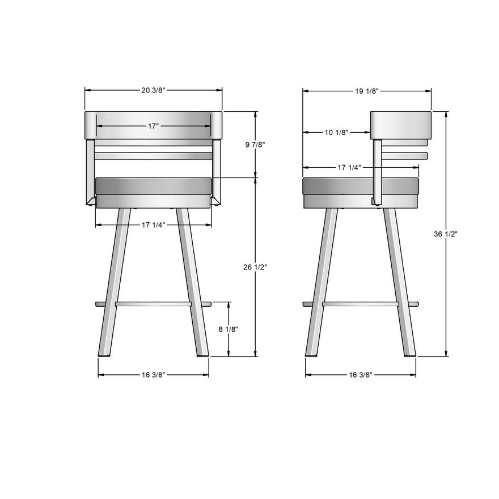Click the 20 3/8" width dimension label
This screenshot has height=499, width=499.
coord(153,90)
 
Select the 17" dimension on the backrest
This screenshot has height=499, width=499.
coord(153,126)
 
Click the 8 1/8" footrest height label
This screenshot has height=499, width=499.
coord(229,329)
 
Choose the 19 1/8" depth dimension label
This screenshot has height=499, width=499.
coord(367,91)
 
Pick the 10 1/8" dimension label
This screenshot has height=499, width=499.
coord(336,133)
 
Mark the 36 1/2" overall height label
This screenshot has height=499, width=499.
coord(446,234)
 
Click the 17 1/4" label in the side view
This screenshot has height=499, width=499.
coord(350,168)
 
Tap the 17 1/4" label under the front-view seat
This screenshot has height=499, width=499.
coord(153,225)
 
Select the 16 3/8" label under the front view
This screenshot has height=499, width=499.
coord(154,375)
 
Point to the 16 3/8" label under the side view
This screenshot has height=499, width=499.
coord(361,375)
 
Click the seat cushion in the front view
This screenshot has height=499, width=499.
coord(153,186)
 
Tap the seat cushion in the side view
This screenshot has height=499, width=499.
coord(361,185)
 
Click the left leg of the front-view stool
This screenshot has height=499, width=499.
coord(113,284)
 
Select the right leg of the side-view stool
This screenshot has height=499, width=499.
coord(399,284)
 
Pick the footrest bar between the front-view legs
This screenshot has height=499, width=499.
coord(153,305)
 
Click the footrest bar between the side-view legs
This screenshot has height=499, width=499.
coord(361,305)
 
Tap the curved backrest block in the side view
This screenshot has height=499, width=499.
coord(401,125)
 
